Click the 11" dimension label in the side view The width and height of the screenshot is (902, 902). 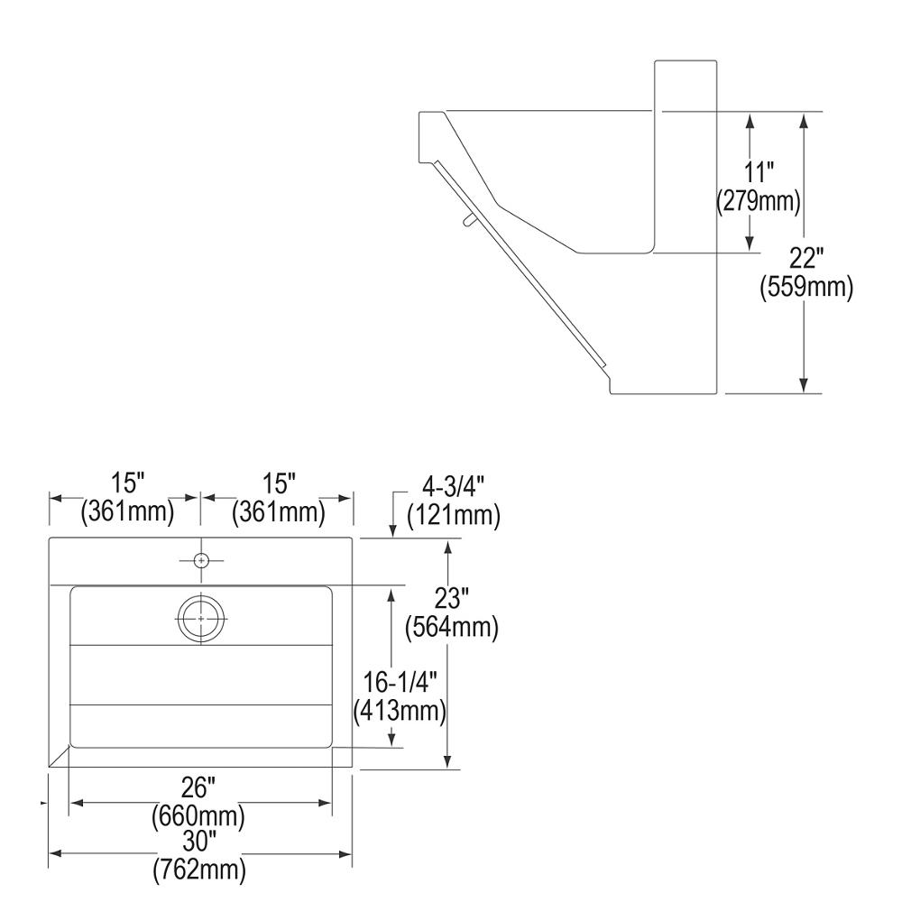click(759, 172)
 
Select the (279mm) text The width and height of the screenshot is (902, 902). click(759, 201)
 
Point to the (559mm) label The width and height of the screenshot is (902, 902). click(805, 287)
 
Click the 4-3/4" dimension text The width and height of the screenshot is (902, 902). click(454, 487)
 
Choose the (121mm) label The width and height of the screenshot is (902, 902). click(454, 515)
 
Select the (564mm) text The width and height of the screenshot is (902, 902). click(452, 627)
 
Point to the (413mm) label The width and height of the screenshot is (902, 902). click(400, 711)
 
